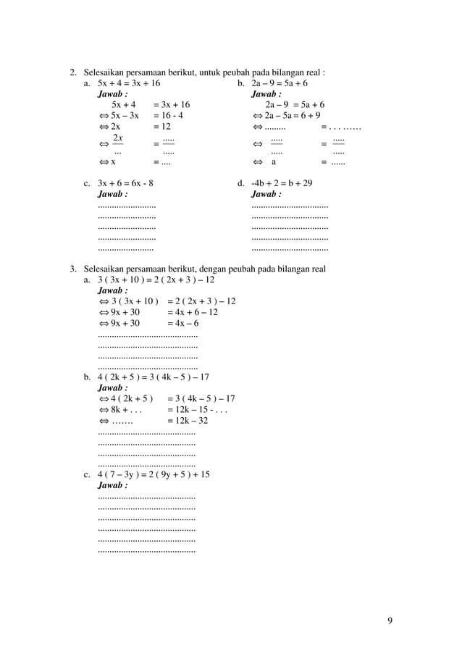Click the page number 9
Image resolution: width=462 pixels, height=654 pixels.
[390, 620]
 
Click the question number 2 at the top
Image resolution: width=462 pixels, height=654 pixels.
[72, 72]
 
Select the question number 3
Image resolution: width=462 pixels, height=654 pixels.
[72, 269]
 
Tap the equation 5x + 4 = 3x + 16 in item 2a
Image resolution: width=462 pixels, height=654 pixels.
[129, 83]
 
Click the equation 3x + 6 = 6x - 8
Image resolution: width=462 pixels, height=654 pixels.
[125, 183]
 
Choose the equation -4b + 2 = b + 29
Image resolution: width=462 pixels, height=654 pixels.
[282, 183]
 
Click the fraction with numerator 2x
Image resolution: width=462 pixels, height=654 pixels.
[117, 143]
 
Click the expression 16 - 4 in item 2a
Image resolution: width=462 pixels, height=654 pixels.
[168, 115]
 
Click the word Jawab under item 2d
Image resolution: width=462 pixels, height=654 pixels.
[266, 194]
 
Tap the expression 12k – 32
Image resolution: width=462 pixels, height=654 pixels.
[188, 420]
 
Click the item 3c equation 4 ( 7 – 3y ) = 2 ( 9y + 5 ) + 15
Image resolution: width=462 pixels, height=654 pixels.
[154, 474]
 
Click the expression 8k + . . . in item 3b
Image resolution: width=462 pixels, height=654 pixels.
[125, 409]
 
